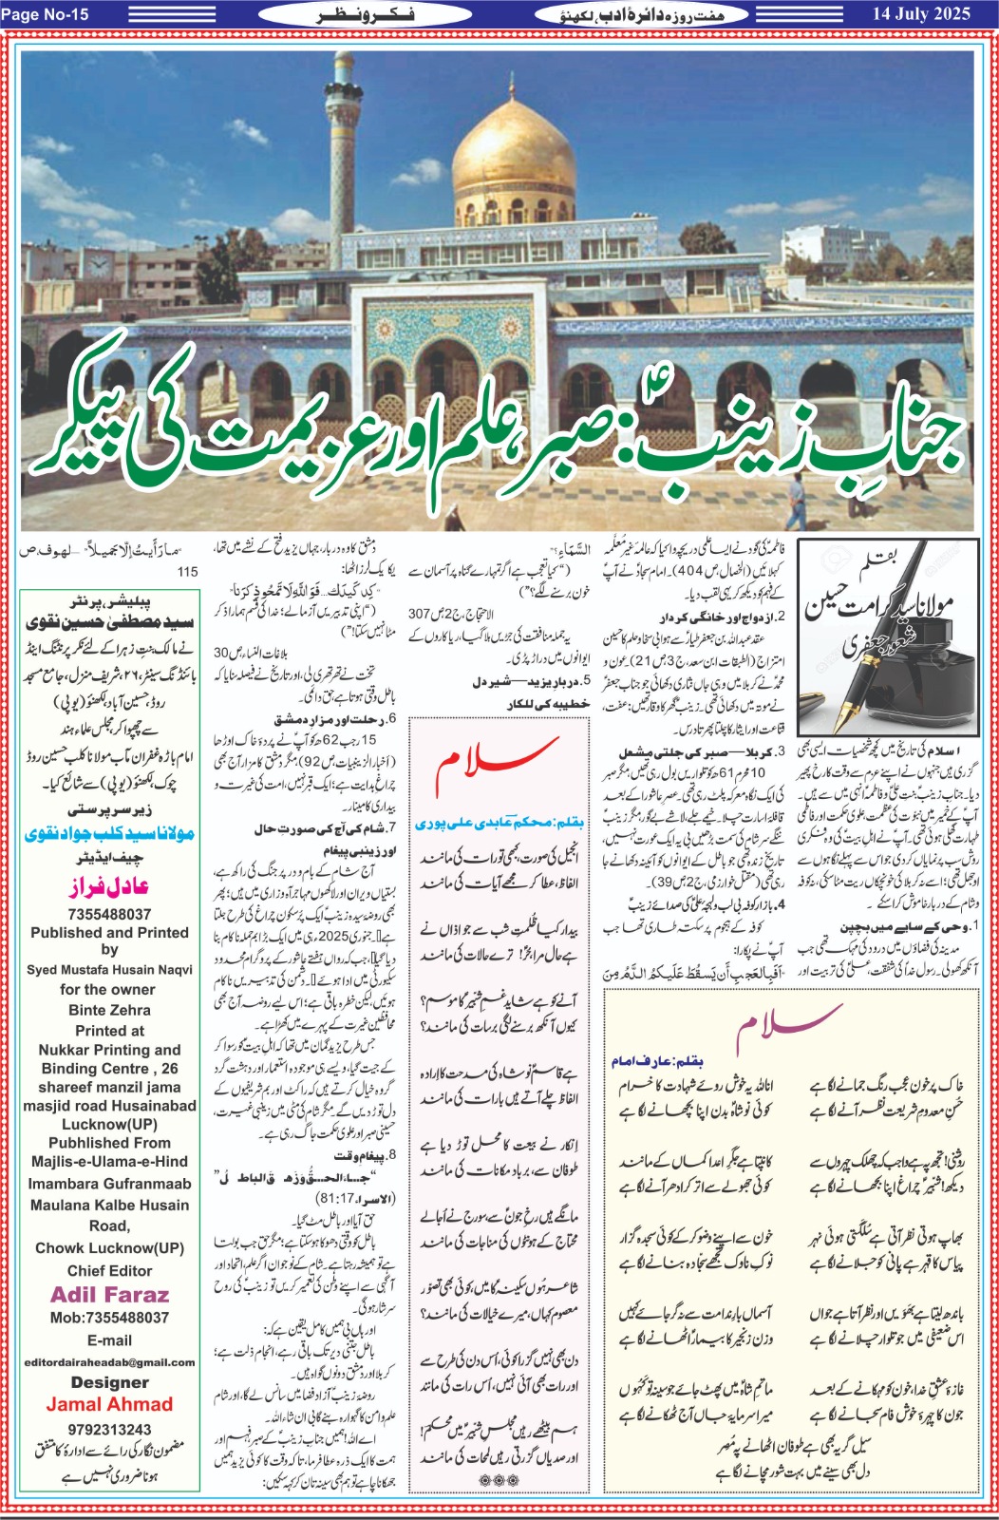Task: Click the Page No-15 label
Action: [47, 13]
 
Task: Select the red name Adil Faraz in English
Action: [109, 1295]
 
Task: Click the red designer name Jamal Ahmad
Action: [109, 1404]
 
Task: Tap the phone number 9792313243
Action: [109, 1429]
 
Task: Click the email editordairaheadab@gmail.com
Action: [109, 1362]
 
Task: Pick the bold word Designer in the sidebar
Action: [109, 1382]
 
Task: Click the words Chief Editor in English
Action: [109, 1270]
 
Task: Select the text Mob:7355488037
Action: [109, 1318]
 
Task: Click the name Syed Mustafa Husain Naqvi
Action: [109, 970]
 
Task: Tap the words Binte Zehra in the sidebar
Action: [109, 1010]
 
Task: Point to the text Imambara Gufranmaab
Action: [109, 1184]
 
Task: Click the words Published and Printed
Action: [109, 933]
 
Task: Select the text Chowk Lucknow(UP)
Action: [109, 1247]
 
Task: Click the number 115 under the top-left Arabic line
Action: [187, 571]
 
